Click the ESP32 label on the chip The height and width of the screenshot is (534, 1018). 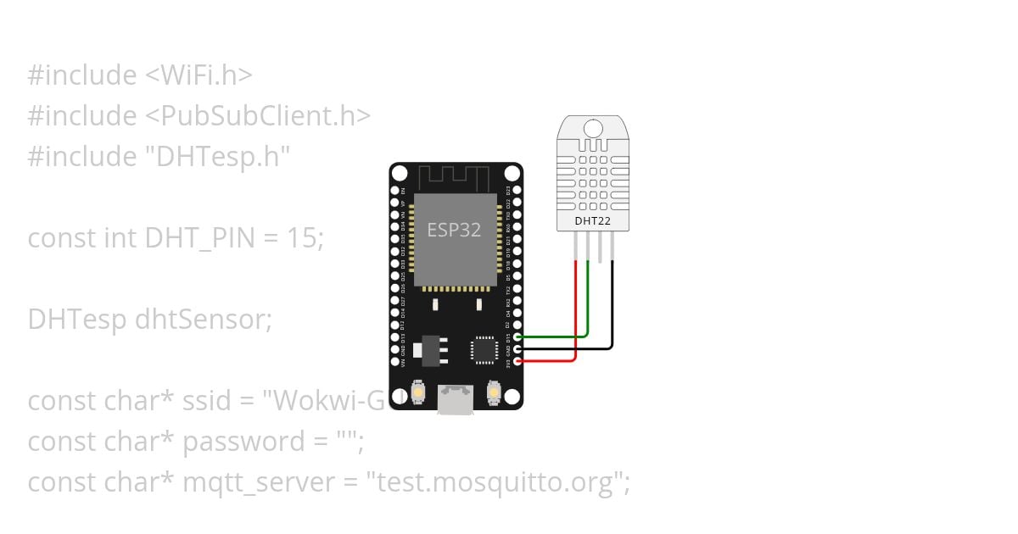454,231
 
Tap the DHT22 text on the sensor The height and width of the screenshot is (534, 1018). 592,222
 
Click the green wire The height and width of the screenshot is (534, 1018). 587,305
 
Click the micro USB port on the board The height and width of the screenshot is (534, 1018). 456,398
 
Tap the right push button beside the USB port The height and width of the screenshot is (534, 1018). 493,392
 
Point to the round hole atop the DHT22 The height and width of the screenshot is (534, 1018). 592,128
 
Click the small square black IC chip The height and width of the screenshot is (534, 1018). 484,349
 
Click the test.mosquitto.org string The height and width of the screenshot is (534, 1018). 496,482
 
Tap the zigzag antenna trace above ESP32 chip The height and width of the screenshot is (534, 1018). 456,177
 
